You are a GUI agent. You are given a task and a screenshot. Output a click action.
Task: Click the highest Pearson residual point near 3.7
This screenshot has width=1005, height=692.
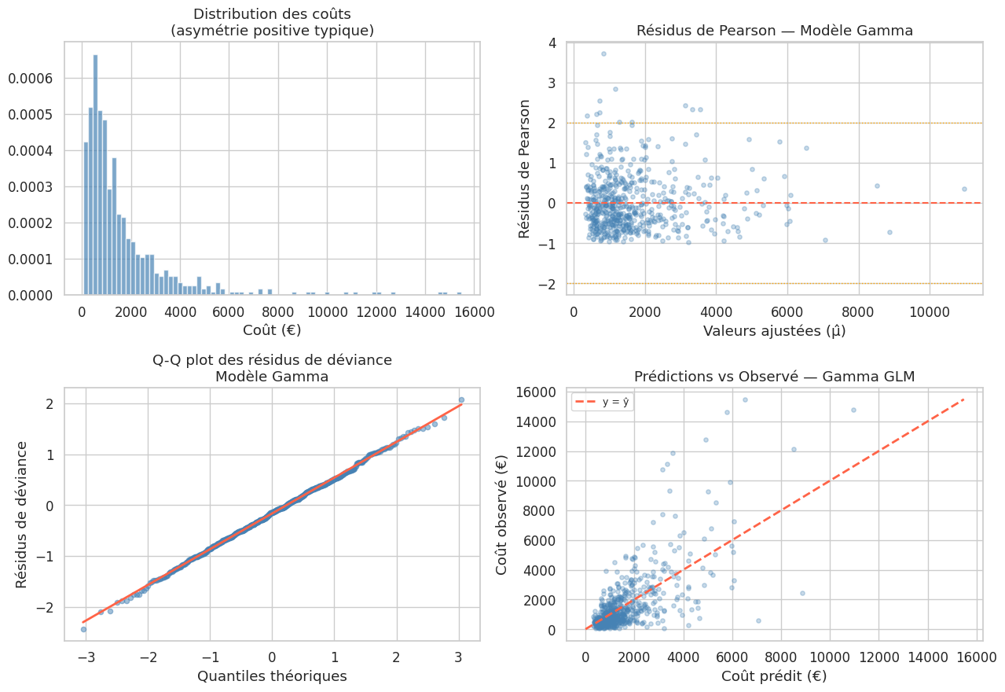(603, 53)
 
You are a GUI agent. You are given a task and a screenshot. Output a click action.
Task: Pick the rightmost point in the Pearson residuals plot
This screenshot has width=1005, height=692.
(964, 189)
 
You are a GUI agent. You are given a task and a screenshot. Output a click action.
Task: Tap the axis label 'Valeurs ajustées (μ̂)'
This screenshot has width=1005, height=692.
(774, 331)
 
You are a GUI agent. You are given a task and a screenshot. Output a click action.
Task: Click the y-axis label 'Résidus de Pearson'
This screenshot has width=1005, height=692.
(525, 168)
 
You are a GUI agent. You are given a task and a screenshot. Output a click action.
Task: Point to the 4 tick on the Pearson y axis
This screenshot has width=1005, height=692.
(552, 43)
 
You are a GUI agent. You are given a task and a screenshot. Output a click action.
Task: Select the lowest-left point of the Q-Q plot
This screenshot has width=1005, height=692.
(83, 629)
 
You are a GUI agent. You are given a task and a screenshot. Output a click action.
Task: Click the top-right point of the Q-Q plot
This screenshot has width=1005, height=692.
(461, 399)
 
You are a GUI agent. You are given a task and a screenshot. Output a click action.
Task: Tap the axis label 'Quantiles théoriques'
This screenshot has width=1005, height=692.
(272, 675)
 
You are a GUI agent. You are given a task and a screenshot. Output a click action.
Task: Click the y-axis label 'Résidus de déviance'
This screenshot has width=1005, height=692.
(22, 514)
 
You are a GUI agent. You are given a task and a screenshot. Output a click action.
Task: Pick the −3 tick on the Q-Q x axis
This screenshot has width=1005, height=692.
(83, 655)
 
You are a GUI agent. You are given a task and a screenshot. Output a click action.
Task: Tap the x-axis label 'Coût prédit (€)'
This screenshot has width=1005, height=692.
(774, 675)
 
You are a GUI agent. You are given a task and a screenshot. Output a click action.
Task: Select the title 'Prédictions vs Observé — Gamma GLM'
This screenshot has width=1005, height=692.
(774, 377)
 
